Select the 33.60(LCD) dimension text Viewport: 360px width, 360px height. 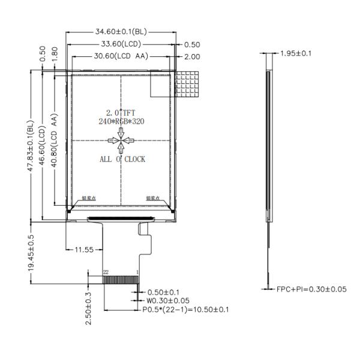pos(121,44)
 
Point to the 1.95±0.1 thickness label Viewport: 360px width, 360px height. pos(296,54)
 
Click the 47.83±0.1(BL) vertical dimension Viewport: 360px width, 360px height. pos(31,146)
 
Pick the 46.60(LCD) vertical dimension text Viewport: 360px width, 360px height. pos(43,146)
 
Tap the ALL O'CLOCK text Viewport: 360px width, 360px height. pos(122,160)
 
